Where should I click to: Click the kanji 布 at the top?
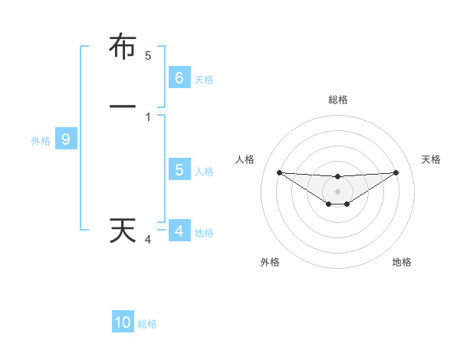tap(123, 47)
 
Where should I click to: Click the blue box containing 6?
tap(179, 77)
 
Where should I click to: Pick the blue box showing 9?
tap(66, 139)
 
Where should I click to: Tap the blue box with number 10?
tap(123, 322)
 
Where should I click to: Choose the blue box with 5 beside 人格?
tap(179, 170)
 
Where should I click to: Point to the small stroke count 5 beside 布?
tap(148, 55)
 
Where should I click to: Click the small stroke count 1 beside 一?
tap(148, 117)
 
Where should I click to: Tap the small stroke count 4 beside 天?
tap(148, 240)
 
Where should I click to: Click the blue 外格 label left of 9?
tap(40, 141)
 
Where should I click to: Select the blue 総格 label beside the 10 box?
tap(147, 324)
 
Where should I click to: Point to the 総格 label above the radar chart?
tap(337, 100)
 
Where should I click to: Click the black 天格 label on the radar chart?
tap(431, 159)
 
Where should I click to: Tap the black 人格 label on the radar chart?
tap(245, 159)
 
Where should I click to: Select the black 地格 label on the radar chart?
tap(402, 262)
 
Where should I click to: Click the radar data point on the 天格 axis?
tap(396, 172)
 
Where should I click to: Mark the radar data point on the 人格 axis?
tap(279, 172)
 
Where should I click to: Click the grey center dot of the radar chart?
tap(337, 191)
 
